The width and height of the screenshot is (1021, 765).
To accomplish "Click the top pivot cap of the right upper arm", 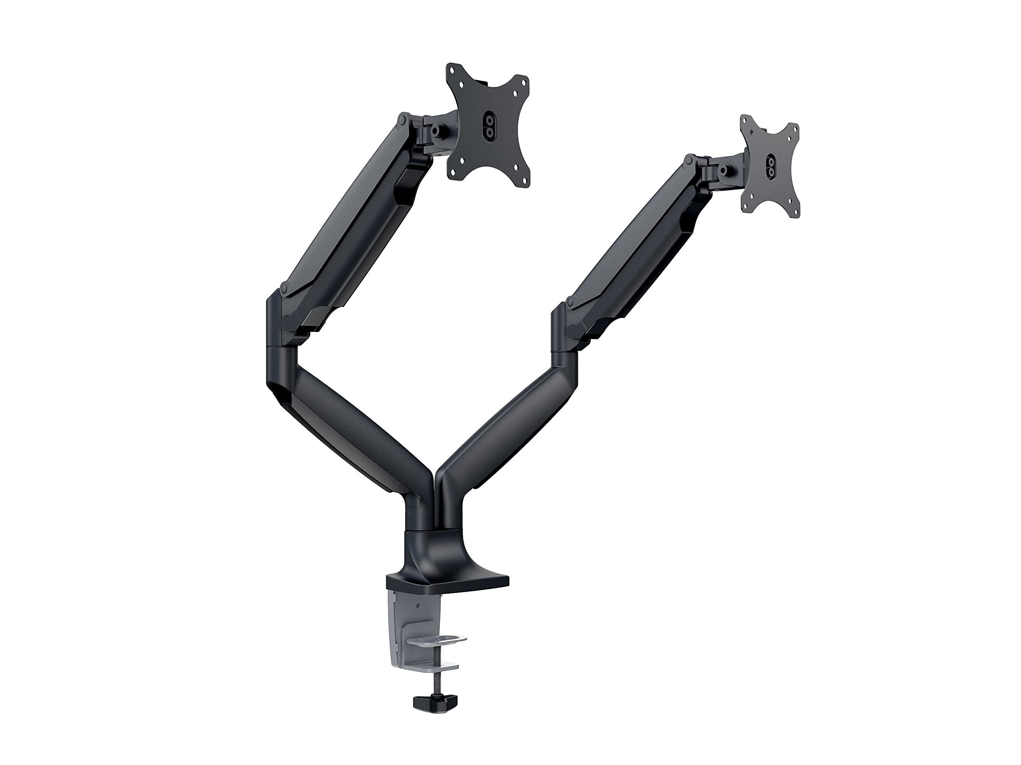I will pos(689,161).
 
